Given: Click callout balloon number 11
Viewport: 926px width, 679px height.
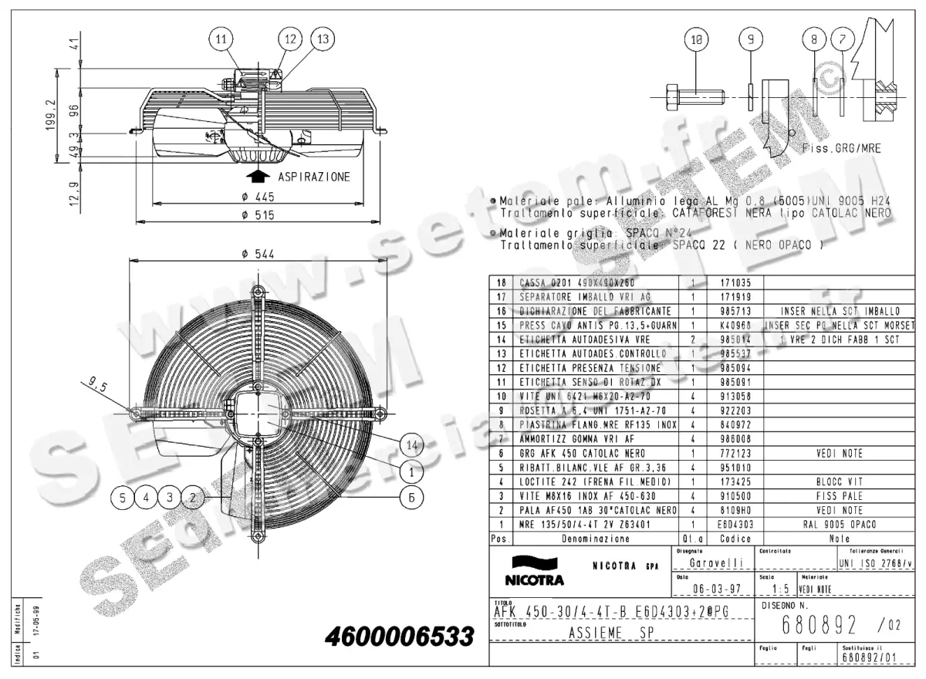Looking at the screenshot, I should [x=221, y=38].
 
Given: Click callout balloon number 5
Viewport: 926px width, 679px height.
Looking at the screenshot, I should [x=121, y=498].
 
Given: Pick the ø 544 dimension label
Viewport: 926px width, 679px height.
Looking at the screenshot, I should [x=257, y=254].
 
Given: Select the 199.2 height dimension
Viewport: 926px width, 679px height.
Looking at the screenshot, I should [x=51, y=115].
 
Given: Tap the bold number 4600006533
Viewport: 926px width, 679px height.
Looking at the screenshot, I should [x=399, y=637].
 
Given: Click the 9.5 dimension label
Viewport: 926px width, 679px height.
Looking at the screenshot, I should [x=98, y=382].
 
